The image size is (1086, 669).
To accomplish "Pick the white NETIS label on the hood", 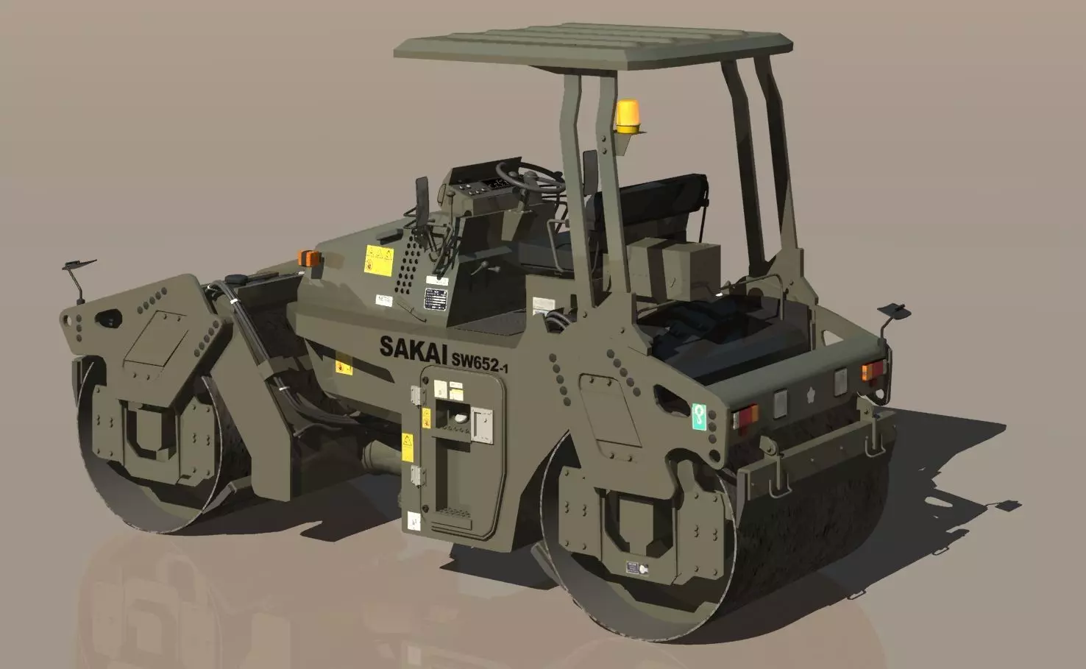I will point(383,300).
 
